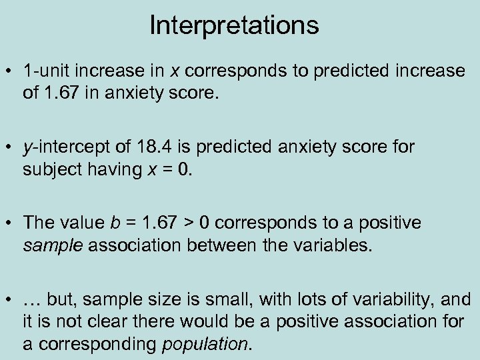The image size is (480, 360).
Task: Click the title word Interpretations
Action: (234, 26)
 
